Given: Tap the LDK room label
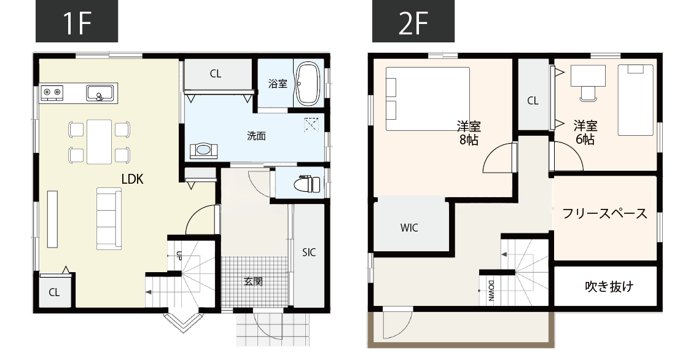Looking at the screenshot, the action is tap(132, 179).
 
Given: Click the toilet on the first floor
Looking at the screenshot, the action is tap(308, 183).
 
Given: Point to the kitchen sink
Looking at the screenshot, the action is tap(100, 93).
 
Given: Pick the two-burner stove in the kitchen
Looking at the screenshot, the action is tap(52, 93).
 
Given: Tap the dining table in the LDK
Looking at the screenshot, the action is tap(99, 141).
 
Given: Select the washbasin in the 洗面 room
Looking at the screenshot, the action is tap(204, 151).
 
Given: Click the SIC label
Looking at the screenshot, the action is tap(309, 252).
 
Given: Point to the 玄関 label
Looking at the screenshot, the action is tap(253, 281).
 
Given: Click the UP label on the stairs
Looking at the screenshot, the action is tap(179, 255).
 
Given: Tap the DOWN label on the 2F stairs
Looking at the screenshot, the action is tap(491, 291).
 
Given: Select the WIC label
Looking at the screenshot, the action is tap(409, 228).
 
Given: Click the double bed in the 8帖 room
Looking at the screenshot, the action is tap(428, 98).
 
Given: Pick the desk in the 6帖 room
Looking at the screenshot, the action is tap(588, 75).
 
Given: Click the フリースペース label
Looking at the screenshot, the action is tap(604, 214).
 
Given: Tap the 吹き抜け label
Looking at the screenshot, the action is tap(609, 286).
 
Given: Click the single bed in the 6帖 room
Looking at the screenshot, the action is tap(636, 100).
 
